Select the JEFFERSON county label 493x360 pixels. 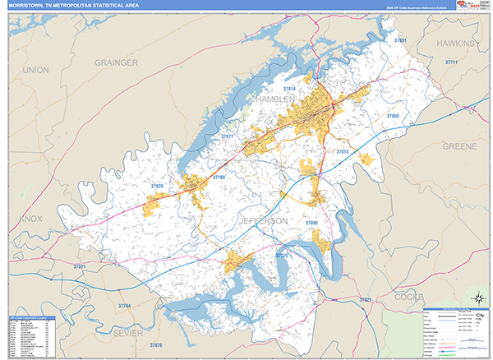[264, 221]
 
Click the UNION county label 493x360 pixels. [35, 71]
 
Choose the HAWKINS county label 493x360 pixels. [455, 42]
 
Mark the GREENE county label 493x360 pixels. [458, 145]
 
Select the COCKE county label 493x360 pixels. [408, 296]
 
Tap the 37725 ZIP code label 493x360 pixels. [282, 256]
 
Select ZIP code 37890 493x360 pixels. [311, 223]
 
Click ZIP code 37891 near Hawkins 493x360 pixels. [399, 39]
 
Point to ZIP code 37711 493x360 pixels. [450, 62]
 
